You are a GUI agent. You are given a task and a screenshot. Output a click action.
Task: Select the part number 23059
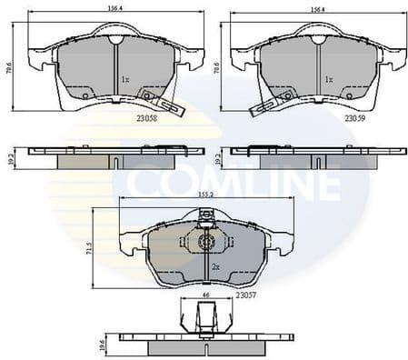click(355, 117)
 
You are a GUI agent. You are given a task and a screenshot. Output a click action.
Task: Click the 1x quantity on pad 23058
click(125, 80)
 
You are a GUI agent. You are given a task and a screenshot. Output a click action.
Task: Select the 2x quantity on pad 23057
click(215, 268)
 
